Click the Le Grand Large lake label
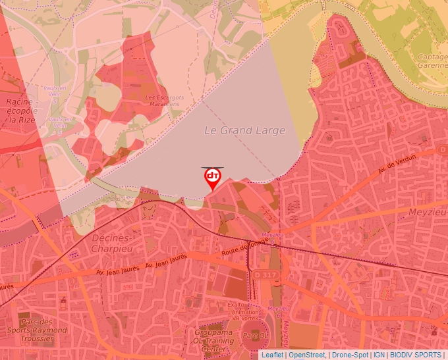pyautogui.click(x=244, y=130)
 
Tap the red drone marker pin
pyautogui.click(x=212, y=178)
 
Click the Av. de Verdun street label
pyautogui.click(x=399, y=167)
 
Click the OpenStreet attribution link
pyautogui.click(x=308, y=355)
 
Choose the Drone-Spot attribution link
pyautogui.click(x=350, y=355)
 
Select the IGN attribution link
pyautogui.click(x=379, y=355)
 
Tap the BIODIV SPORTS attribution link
pyautogui.click(x=416, y=355)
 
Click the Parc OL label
pyautogui.click(x=252, y=336)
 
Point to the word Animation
pyautogui.click(x=238, y=311)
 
